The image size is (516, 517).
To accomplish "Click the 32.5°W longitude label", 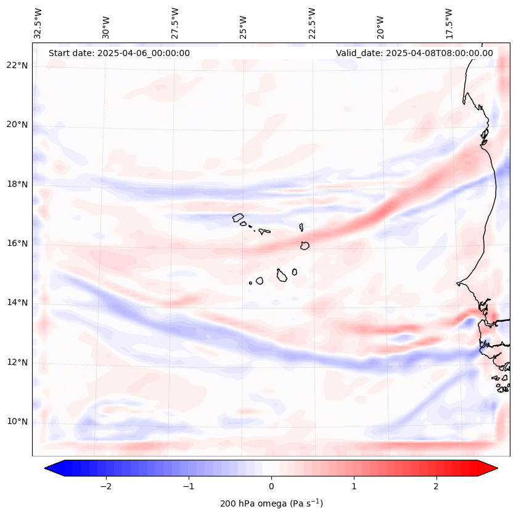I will (x=38, y=23).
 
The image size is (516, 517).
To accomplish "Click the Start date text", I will (x=119, y=53).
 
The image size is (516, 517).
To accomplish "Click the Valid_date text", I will (x=414, y=53).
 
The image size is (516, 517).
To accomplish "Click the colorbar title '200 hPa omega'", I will (x=271, y=503).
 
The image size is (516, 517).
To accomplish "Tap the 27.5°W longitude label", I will (x=174, y=23).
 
